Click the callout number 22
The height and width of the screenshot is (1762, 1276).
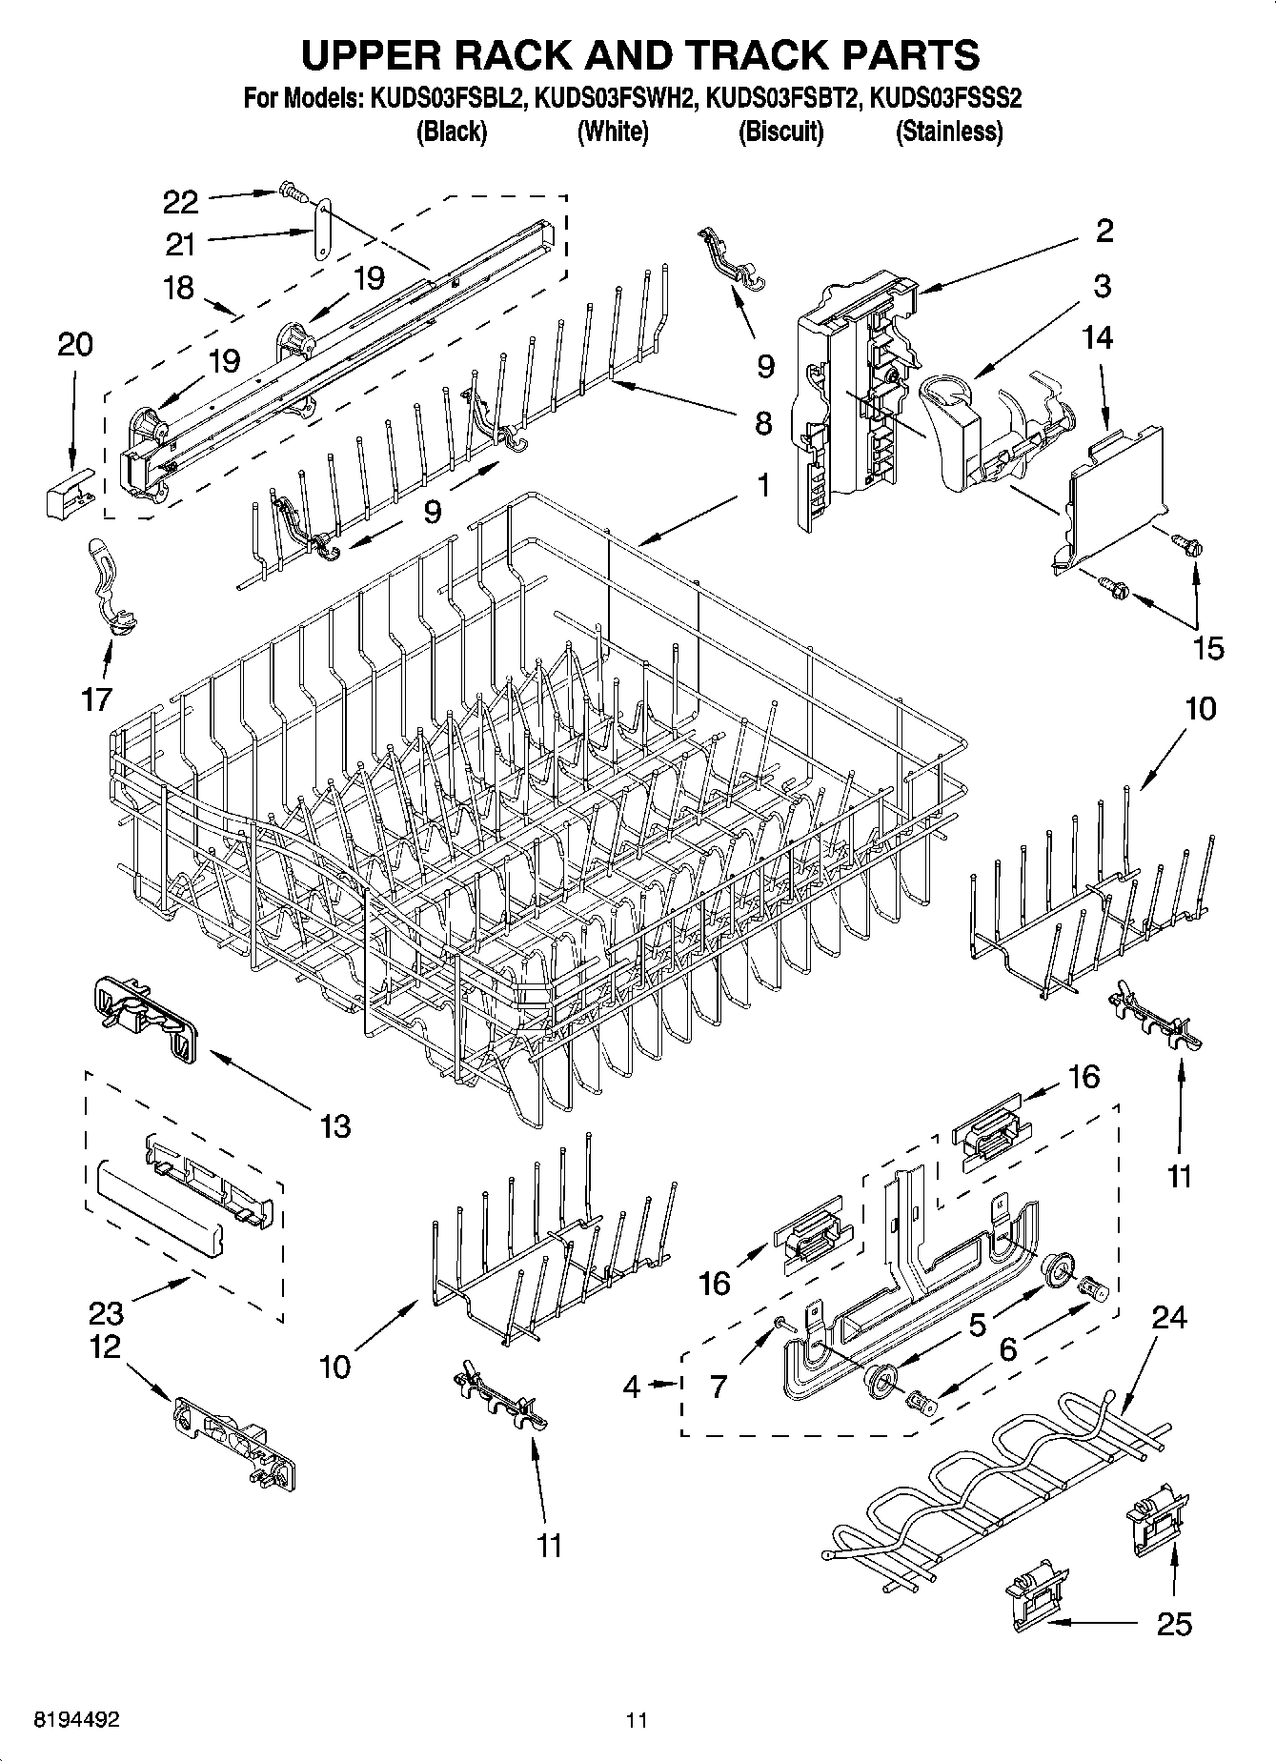tap(180, 202)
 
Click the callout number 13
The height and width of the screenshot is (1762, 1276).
tap(335, 1126)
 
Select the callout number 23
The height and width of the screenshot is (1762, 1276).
tap(106, 1313)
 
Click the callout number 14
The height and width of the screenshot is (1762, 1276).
tap(1098, 338)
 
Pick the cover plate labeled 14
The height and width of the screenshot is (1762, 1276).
tap(1115, 496)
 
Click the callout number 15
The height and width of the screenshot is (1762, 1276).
tap(1207, 648)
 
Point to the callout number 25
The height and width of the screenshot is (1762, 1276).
tap(1173, 1624)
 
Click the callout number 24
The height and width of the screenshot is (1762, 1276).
tap(1169, 1317)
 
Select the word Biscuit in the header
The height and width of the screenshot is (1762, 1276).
tap(780, 132)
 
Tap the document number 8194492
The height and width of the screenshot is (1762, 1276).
tap(76, 1720)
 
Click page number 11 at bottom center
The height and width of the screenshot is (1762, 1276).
tap(637, 1720)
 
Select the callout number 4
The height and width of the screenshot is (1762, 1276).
tap(632, 1387)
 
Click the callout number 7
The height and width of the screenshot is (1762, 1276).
tap(719, 1387)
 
